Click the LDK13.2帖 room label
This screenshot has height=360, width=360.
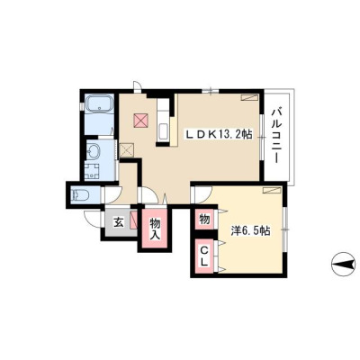coord(218,135)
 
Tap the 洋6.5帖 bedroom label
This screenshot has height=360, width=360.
coord(251,230)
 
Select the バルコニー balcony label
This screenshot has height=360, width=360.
coord(276,137)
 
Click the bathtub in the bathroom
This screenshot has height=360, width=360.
coord(99,104)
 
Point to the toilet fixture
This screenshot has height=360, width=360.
coord(80,195)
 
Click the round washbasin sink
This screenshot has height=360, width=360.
coord(93,149)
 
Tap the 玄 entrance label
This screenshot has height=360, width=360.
coord(118,223)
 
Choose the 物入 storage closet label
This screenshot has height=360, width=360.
coord(156,229)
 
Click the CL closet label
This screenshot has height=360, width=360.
coord(204,256)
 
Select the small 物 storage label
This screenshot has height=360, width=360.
coord(204,220)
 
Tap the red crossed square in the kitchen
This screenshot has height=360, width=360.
coord(140,121)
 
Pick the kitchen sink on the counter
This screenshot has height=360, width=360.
coord(163,131)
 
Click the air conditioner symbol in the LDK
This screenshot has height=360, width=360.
coord(250,97)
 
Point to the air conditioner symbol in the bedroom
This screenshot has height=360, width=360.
coord(272,190)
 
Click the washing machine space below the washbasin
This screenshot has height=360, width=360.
coord(93,171)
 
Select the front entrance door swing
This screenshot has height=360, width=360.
coord(92,219)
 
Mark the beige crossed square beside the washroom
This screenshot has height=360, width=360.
coord(127,149)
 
